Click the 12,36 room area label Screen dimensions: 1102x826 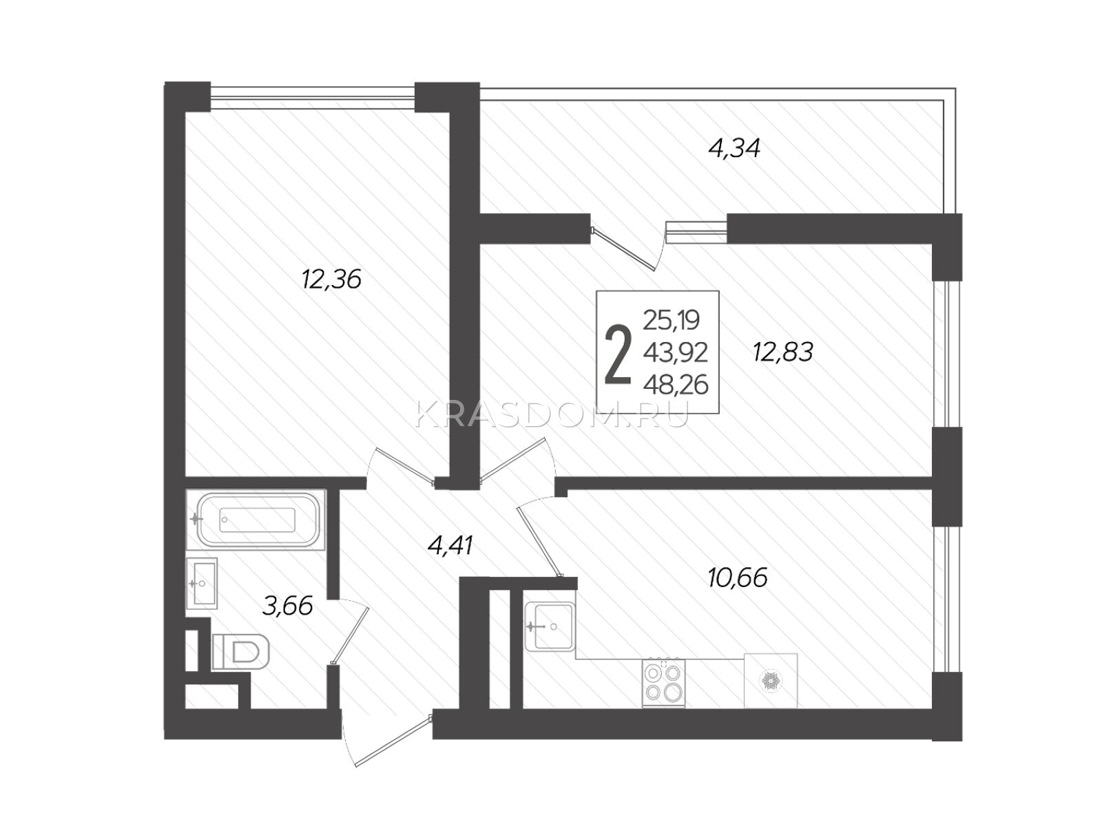[331, 279]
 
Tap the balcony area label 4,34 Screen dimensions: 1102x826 [734, 148]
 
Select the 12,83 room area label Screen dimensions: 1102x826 [782, 352]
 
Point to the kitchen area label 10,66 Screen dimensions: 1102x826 [738, 578]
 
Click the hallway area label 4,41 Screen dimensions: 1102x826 [450, 545]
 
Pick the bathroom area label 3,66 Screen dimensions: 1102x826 [288, 605]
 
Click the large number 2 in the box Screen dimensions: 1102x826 [618, 355]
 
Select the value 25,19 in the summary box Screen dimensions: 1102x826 [672, 320]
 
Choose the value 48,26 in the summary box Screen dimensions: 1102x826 [676, 385]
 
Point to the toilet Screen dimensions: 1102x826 [240, 652]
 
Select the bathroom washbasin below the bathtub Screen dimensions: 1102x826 [202, 583]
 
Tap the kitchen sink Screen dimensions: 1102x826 [549, 626]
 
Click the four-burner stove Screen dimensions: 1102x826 [663, 683]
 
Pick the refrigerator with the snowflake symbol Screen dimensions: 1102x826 [771, 681]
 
